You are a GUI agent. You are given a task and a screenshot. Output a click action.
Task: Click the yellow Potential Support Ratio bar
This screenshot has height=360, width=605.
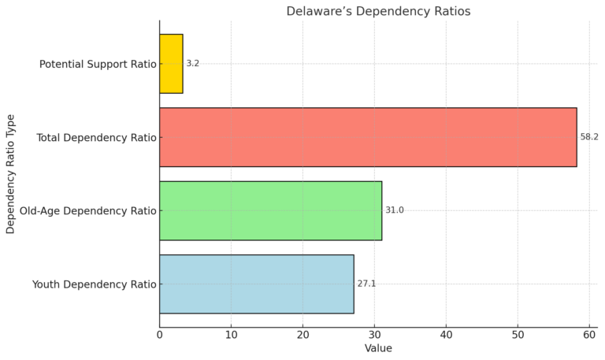click(x=171, y=64)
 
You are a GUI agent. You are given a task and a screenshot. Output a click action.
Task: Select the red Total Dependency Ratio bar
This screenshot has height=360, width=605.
click(x=368, y=137)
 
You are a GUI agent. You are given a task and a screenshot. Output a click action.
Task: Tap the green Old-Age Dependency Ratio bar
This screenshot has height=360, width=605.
click(x=270, y=210)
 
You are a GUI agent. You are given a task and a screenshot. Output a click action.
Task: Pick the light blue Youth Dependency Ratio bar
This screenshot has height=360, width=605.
click(x=256, y=284)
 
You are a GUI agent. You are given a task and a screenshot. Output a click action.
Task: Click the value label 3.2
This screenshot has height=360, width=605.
click(x=193, y=64)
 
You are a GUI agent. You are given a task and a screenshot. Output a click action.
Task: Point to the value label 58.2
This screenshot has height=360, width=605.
click(x=589, y=137)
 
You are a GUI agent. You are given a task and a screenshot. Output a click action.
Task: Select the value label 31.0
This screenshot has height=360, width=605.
click(x=394, y=210)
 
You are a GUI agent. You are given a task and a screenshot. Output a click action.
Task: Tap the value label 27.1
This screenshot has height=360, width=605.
click(x=366, y=284)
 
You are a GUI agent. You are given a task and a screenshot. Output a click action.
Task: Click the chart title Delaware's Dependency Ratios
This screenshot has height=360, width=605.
click(x=378, y=12)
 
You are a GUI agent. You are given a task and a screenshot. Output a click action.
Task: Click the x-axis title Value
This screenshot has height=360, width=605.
click(x=378, y=348)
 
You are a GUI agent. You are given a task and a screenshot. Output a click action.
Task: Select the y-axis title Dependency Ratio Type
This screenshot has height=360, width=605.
click(x=11, y=173)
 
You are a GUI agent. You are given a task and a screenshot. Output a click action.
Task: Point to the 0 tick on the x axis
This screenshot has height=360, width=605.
click(x=160, y=335)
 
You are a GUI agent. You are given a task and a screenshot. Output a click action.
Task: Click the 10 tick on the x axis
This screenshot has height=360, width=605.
click(x=232, y=335)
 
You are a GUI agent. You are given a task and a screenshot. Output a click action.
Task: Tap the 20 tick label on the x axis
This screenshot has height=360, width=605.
click(x=303, y=335)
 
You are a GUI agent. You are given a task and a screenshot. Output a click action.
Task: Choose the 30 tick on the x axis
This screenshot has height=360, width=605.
click(x=375, y=335)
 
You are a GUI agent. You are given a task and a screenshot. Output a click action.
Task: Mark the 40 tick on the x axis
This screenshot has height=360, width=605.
click(x=447, y=335)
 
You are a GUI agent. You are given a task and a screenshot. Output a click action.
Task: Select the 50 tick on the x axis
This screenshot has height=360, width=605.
click(x=518, y=335)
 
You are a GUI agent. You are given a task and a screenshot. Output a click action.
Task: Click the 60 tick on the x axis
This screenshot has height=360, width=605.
click(x=589, y=335)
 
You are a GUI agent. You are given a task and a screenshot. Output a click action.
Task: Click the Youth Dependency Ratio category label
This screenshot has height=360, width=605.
click(x=94, y=284)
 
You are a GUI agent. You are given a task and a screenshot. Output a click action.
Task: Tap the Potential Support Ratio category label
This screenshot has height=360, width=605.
click(x=98, y=64)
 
